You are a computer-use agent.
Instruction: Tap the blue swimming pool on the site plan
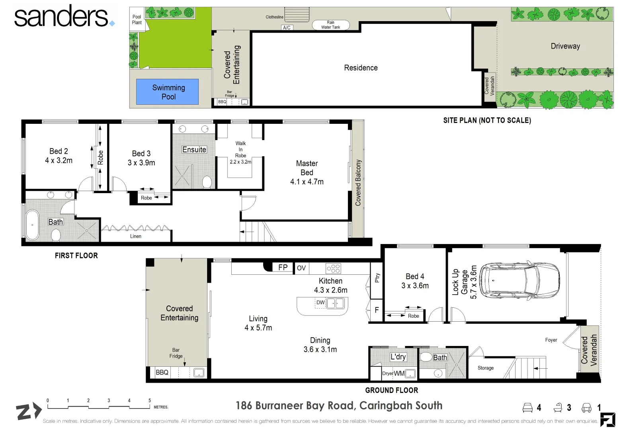[x=168, y=92]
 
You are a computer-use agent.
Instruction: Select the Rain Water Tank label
[x=330, y=25]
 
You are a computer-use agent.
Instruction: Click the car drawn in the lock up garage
[x=519, y=279]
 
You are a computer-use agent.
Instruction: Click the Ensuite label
[x=194, y=150]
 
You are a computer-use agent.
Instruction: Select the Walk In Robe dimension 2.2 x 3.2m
[x=240, y=162]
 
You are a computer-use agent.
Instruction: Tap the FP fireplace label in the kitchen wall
[x=283, y=268]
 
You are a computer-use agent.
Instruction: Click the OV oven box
[x=301, y=268]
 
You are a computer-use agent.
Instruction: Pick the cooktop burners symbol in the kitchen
[x=333, y=268]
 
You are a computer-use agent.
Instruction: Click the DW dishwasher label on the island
[x=320, y=303]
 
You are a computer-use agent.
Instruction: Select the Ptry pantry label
[x=377, y=278]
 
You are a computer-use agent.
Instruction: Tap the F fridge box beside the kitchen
[x=377, y=310]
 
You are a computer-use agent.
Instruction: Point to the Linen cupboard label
[x=136, y=236]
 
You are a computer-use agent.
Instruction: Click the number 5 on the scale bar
[x=150, y=401]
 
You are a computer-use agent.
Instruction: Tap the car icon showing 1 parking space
[x=586, y=407]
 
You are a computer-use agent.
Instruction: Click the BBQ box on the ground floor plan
[x=162, y=373]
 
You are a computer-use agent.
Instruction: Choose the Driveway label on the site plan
[x=565, y=46]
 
